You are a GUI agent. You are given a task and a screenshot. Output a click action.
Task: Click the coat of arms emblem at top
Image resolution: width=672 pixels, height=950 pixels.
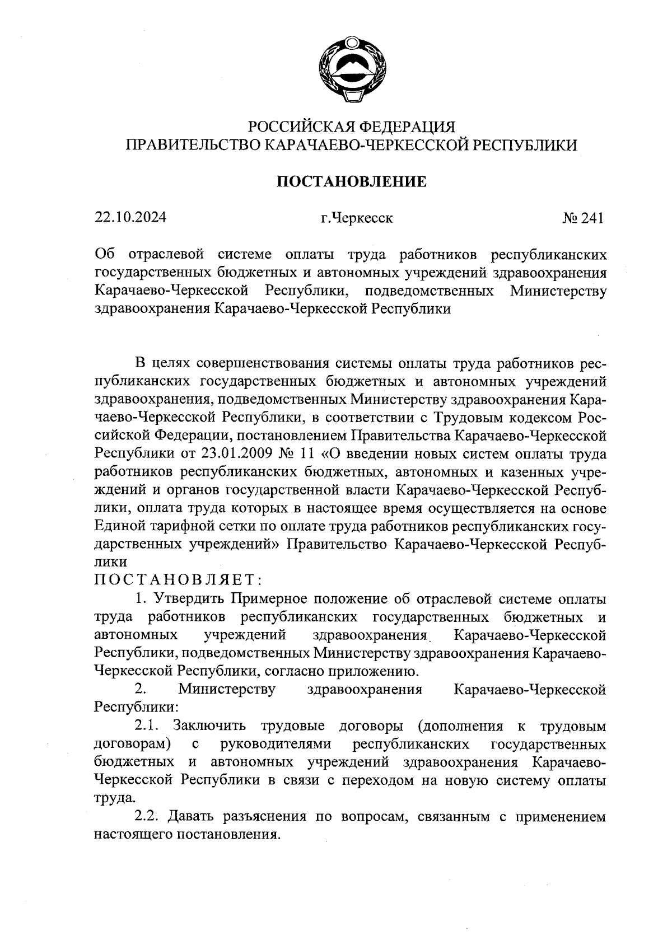(352, 69)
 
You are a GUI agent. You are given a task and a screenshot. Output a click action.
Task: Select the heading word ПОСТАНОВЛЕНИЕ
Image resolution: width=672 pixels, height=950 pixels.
(352, 181)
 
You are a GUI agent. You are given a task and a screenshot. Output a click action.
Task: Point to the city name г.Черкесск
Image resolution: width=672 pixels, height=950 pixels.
(356, 218)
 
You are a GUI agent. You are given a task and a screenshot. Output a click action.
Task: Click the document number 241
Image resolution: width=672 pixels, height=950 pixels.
(593, 218)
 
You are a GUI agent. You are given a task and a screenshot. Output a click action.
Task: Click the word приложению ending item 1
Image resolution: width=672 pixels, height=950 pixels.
(372, 671)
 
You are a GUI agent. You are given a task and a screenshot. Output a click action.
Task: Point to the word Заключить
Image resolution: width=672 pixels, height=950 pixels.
(209, 726)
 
